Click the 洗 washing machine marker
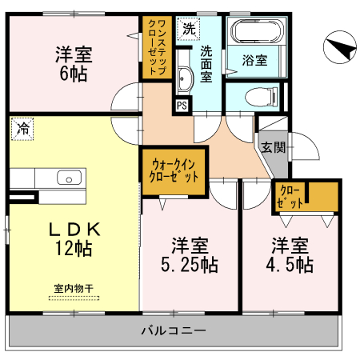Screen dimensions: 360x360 coord(188,28)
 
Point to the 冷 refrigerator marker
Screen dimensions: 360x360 coord(25,128)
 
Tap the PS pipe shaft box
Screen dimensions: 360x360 coord(183,105)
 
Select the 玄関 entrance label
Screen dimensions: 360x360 coord(270,147)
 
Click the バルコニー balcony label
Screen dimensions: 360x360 coord(174,330)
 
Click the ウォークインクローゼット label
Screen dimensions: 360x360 coord(174,170)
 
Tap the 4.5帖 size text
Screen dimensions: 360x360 coord(289,264)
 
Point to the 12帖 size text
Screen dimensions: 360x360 coord(74,249)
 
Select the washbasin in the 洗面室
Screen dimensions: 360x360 coord(182,80)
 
